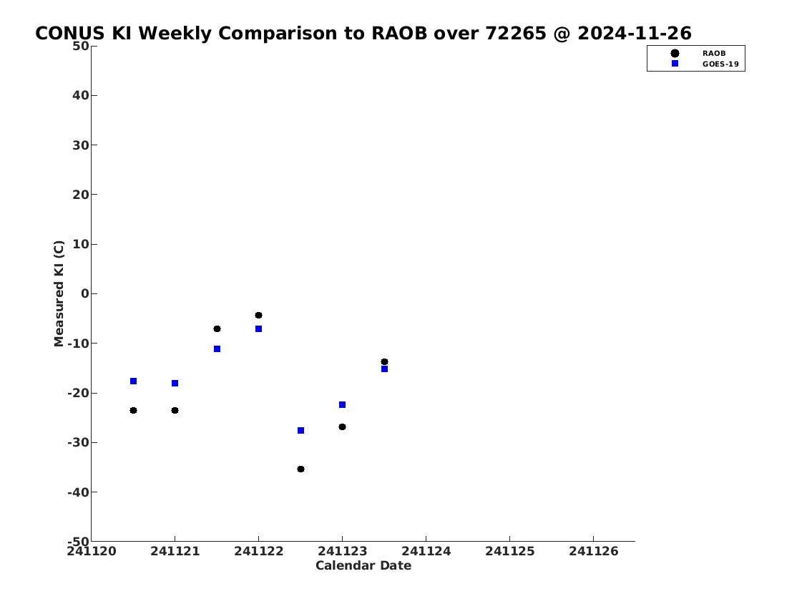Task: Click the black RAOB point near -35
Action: click(301, 469)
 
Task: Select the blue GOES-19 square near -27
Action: click(301, 430)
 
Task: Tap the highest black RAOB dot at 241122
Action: click(258, 316)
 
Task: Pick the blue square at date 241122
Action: click(258, 329)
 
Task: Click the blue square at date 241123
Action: click(342, 404)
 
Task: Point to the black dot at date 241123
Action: click(342, 427)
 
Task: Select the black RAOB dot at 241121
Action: click(175, 411)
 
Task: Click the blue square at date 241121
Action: click(175, 383)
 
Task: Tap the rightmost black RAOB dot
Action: click(384, 362)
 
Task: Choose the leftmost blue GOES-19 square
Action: click(133, 381)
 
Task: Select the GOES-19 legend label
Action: click(720, 64)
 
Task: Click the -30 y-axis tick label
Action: click(78, 443)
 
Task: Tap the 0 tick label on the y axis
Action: click(85, 293)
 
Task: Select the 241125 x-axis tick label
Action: click(509, 552)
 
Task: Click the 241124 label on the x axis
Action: click(426, 552)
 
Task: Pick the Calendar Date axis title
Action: click(363, 565)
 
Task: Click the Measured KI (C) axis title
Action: click(59, 293)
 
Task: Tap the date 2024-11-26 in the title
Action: click(635, 34)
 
